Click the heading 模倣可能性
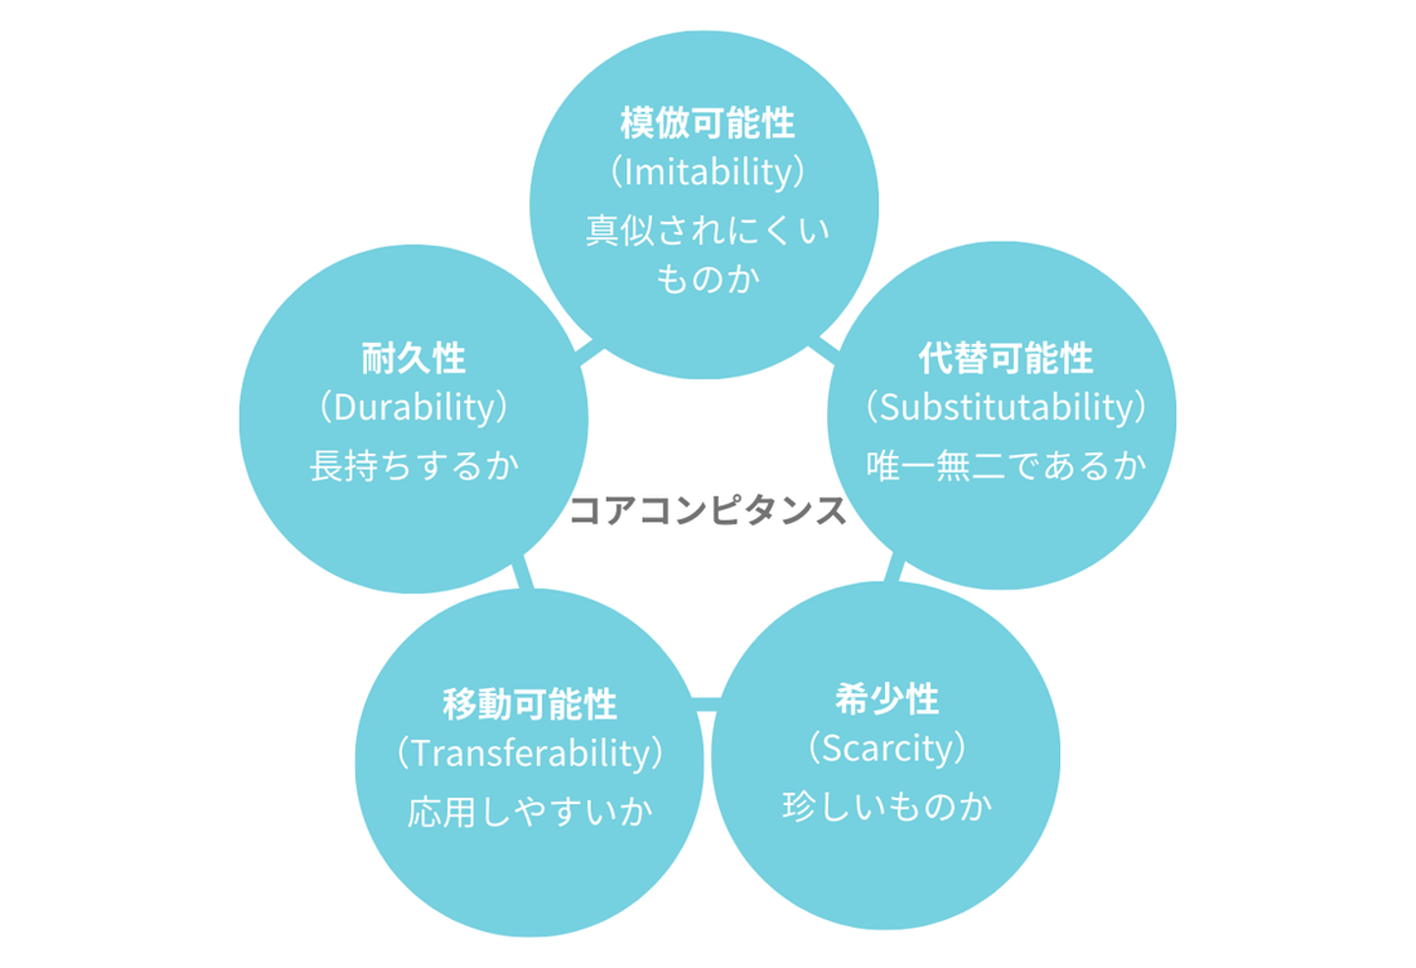[707, 124]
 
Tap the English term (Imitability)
[707, 172]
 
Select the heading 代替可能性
[1005, 359]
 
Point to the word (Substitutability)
[1005, 407]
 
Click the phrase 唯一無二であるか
[1005, 465]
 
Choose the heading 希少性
[887, 700]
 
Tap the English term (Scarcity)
[887, 748]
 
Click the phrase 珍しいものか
[887, 806]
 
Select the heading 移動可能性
[529, 705]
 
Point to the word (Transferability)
[529, 753]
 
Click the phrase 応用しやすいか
[529, 812]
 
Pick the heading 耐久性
[413, 359]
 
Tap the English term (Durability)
[413, 407]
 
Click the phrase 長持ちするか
[413, 465]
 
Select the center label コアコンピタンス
[707, 510]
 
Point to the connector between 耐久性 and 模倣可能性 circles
[590, 352]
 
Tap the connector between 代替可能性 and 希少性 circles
[894, 569]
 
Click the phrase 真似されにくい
[707, 231]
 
